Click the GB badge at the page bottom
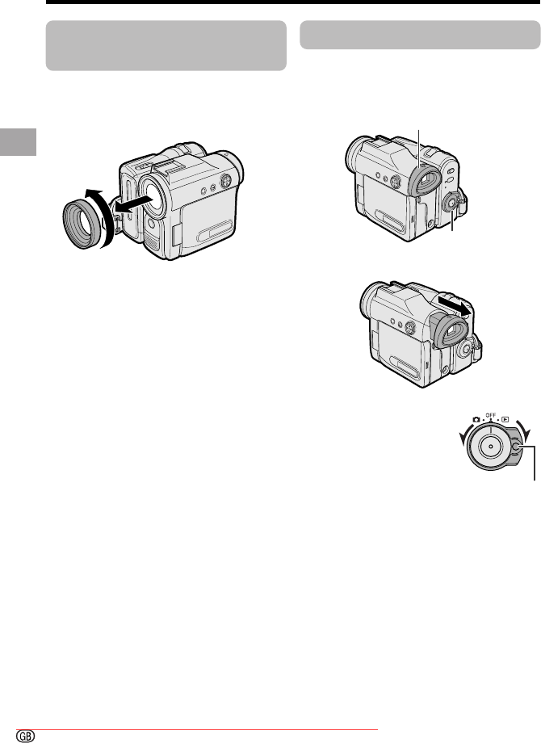pyautogui.click(x=26, y=736)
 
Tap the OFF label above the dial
pyautogui.click(x=491, y=415)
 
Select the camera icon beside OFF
pyautogui.click(x=476, y=419)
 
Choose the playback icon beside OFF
pyautogui.click(x=505, y=419)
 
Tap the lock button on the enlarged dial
pyautogui.click(x=517, y=447)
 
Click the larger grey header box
pyautogui.click(x=166, y=45)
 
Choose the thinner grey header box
pyautogui.click(x=420, y=35)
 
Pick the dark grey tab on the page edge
pyautogui.click(x=18, y=141)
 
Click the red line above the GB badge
pyautogui.click(x=197, y=730)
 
